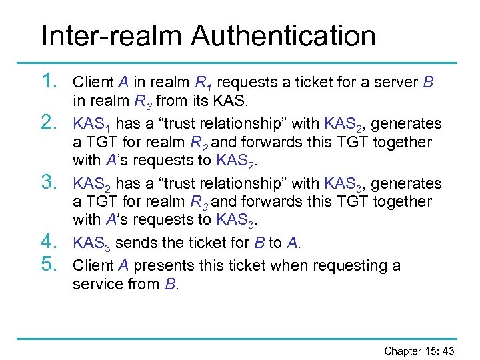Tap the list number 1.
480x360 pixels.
(51, 82)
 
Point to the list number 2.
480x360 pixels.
(51, 123)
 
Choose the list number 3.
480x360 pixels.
(51, 182)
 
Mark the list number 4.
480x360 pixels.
(51, 241)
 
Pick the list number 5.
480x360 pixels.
(51, 265)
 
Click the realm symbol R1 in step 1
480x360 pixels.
(203, 83)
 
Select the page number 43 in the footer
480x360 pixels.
(448, 351)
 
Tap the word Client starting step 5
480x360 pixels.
(93, 265)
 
